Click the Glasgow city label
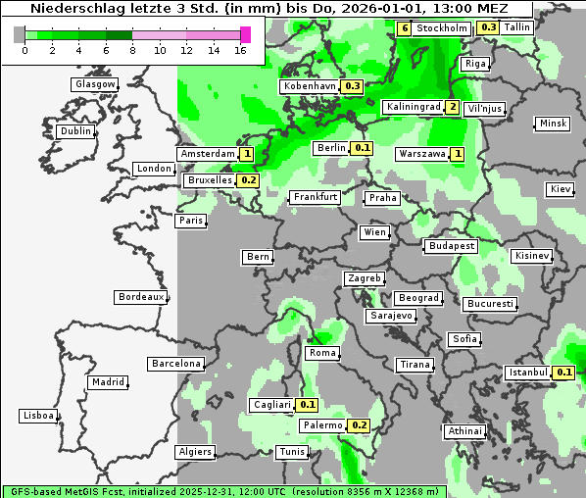tap(95, 84)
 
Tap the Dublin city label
tap(75, 131)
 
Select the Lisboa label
tap(37, 416)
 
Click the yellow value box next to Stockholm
tap(405, 28)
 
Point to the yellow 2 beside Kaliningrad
tap(452, 107)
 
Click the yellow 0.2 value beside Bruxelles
tap(248, 180)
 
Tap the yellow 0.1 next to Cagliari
tap(308, 405)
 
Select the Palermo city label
tap(322, 425)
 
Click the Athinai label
tap(464, 431)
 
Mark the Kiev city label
tap(561, 189)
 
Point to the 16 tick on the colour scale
tap(241, 50)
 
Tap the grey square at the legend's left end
tap(20, 34)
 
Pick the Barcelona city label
tap(176, 364)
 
